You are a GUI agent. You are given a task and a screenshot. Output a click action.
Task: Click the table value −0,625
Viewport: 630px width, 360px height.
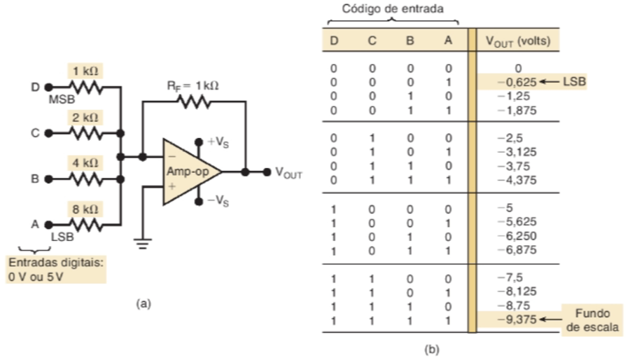[x=519, y=82]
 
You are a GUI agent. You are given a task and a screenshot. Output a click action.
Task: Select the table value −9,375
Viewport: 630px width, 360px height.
[x=519, y=320]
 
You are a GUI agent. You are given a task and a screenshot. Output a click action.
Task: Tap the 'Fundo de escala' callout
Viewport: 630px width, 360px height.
[x=592, y=320]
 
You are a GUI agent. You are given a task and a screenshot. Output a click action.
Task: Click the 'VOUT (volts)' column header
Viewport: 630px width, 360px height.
[x=518, y=41]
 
